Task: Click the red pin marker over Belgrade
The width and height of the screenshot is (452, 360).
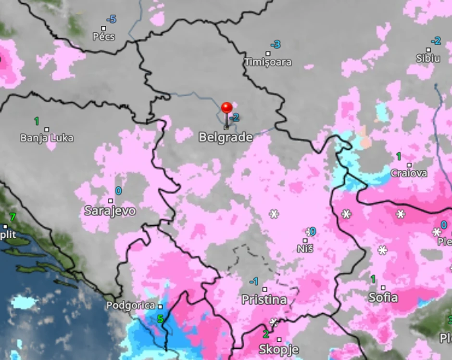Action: (x=226, y=108)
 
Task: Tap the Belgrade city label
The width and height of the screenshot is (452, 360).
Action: (x=226, y=138)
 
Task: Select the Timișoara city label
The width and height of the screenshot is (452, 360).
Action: (x=268, y=62)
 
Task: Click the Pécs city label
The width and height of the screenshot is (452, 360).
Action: (x=104, y=37)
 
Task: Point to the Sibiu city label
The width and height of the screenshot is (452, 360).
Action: (x=428, y=58)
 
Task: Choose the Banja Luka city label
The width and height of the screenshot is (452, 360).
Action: (x=47, y=138)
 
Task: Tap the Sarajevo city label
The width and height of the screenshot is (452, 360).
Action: (x=110, y=211)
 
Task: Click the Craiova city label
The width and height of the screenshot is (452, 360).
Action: (x=409, y=173)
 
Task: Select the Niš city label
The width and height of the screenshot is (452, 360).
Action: (x=305, y=249)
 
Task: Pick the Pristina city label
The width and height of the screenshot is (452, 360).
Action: (x=264, y=300)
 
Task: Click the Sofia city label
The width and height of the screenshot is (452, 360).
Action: (x=383, y=297)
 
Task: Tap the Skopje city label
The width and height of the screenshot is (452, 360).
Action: (x=278, y=349)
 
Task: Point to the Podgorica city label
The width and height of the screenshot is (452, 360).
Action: (x=131, y=306)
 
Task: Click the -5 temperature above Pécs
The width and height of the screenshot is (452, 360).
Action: (x=112, y=19)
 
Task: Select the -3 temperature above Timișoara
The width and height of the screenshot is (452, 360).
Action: (x=275, y=45)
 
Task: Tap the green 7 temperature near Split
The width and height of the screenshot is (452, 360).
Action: (x=13, y=217)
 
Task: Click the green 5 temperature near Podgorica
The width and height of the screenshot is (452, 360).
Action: (x=160, y=319)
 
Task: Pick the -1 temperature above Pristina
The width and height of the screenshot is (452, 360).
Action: (x=254, y=282)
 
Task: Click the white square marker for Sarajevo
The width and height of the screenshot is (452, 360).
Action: (x=110, y=201)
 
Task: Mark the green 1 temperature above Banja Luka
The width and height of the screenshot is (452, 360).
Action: (x=37, y=121)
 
